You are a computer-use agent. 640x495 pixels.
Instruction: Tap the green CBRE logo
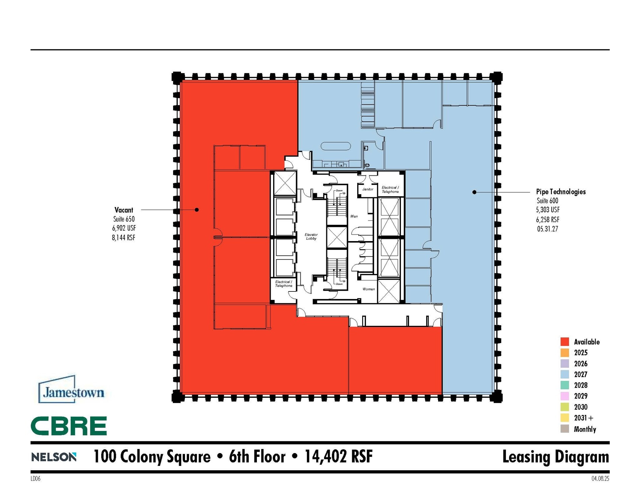[69, 426]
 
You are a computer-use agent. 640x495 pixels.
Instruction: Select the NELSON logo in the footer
[54, 457]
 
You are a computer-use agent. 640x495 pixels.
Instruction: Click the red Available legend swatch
[564, 342]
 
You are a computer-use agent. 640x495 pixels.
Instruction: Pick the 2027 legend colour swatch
[564, 374]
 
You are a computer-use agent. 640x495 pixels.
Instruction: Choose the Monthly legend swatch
[564, 429]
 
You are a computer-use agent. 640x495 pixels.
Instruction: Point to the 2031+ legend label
[583, 418]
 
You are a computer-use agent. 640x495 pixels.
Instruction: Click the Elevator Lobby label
[311, 236]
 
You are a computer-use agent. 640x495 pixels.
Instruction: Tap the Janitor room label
[367, 189]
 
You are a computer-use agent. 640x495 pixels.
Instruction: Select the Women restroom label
[368, 289]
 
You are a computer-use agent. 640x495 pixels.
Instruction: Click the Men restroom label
[354, 216]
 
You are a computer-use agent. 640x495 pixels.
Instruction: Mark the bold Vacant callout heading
[124, 210]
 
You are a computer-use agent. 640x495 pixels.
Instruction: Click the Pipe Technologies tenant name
[561, 192]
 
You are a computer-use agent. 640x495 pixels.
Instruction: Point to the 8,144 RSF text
[124, 238]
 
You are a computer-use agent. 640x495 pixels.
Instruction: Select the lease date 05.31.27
[547, 229]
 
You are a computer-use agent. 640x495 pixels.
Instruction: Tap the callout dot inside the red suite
[197, 210]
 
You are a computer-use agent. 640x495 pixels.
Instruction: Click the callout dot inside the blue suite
[474, 192]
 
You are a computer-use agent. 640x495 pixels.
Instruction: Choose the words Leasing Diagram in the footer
[555, 457]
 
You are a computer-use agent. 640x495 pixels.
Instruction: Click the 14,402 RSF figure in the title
[338, 457]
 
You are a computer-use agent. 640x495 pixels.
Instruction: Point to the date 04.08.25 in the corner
[600, 479]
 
